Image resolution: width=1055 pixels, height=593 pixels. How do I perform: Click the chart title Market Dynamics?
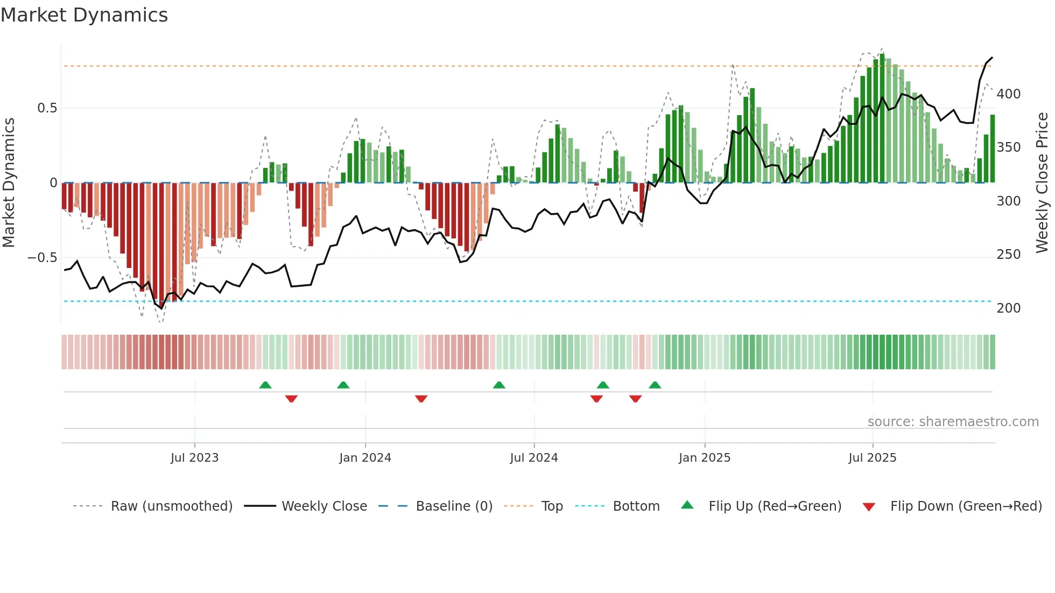coord(84,15)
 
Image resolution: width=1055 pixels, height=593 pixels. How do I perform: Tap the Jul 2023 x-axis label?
coord(194,458)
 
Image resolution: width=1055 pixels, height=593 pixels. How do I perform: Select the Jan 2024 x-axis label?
coord(365,458)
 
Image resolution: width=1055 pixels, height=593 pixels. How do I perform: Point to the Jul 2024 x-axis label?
coord(533,458)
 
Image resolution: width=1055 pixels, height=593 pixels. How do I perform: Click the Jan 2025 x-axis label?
coord(704,458)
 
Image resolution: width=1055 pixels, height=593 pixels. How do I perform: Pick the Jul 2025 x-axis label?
coord(872,458)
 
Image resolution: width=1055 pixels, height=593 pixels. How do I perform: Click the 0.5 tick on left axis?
coord(47,108)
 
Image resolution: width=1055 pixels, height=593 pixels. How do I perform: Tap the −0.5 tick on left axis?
coord(42,258)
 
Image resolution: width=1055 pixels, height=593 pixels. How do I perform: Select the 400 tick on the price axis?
coord(1008,94)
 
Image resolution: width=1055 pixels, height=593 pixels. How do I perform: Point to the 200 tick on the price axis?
coord(1008,308)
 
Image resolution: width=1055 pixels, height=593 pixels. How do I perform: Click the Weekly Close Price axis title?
coord(1042,183)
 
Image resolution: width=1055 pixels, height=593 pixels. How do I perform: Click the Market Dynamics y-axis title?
coord(9,183)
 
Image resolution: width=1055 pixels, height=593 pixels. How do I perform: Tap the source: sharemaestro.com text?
coord(953,422)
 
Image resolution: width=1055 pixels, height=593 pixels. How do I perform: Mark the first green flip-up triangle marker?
coord(265,385)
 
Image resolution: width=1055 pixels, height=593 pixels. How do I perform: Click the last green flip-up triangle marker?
coord(655,385)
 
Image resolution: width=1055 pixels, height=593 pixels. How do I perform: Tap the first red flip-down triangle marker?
coord(291,399)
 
